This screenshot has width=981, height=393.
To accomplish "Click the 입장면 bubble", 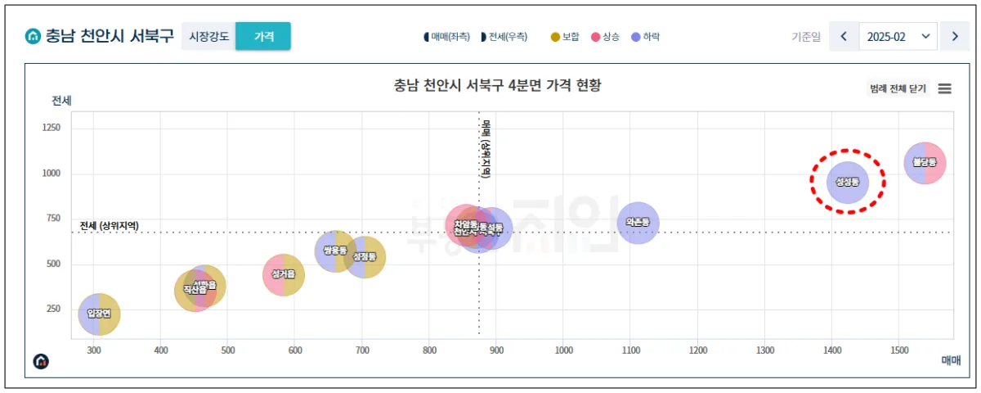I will [x=99, y=314].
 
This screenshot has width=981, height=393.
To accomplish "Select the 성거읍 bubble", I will [x=283, y=274].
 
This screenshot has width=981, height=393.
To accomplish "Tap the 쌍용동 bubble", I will [x=334, y=251].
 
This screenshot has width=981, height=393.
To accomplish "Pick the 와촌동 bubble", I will [x=638, y=223].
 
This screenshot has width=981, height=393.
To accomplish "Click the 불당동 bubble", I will [x=925, y=164].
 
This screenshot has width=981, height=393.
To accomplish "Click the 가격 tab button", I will [x=263, y=37].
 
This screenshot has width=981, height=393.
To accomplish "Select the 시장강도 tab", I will [x=208, y=37].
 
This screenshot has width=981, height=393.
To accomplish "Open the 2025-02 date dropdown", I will [x=898, y=37].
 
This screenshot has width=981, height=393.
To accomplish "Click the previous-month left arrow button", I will [x=844, y=37].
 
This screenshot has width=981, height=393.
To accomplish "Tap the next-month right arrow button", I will [x=954, y=37].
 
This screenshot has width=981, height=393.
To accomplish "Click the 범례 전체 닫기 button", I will [x=898, y=88].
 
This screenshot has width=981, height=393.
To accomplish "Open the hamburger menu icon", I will [x=944, y=88].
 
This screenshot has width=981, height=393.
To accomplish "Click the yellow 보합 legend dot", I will [x=556, y=37].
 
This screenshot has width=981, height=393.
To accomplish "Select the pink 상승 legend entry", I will [x=605, y=37].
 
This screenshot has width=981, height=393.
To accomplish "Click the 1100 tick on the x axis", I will [x=630, y=350].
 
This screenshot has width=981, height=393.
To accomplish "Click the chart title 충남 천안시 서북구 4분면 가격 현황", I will [x=497, y=85].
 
